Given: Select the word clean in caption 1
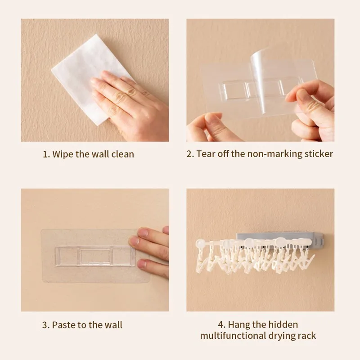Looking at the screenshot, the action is point(123,154).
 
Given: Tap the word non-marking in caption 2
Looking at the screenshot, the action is point(274,154).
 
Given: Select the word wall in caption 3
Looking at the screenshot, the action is point(113,325).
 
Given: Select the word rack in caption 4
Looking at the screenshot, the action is point(307,336).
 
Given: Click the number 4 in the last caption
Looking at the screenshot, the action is point(220,325).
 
